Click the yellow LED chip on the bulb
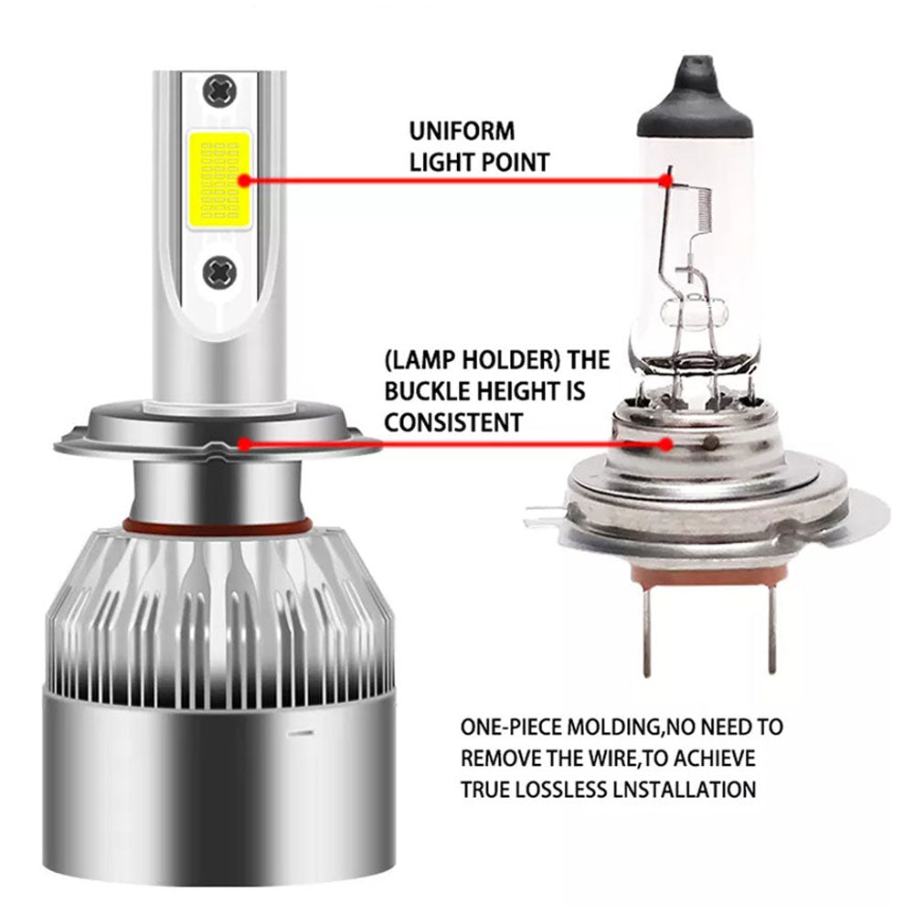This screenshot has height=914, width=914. (x=218, y=179)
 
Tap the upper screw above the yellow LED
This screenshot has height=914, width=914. (x=219, y=91)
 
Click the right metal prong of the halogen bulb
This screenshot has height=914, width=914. (x=771, y=631)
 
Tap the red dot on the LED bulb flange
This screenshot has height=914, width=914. (x=244, y=444)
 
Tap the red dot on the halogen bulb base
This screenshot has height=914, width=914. (x=666, y=444)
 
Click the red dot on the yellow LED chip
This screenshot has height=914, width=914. (x=244, y=180)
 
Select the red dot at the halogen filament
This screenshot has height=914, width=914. (x=666, y=180)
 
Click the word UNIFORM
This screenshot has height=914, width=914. (x=462, y=131)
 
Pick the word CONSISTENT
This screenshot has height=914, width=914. (x=453, y=422)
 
